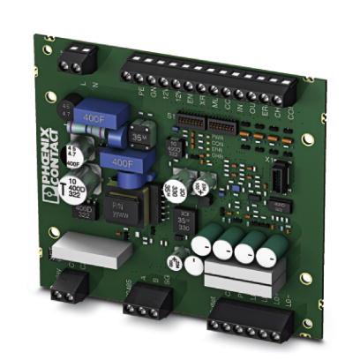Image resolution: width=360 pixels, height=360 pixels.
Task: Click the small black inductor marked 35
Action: [138, 139]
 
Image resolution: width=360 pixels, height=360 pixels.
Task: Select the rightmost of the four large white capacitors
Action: [267, 255]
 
